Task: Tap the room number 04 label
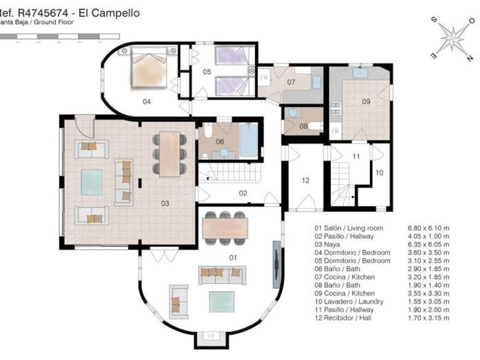click(147, 101)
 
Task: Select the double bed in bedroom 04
click(149, 67)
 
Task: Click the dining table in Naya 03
click(170, 154)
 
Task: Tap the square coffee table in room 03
click(91, 182)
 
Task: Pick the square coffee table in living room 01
click(221, 301)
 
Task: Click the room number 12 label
click(305, 181)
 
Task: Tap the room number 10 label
click(379, 171)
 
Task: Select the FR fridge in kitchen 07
click(264, 77)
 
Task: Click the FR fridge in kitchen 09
click(335, 131)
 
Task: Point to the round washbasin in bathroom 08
click(293, 113)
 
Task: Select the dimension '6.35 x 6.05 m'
click(429, 244)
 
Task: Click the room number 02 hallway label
click(243, 193)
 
